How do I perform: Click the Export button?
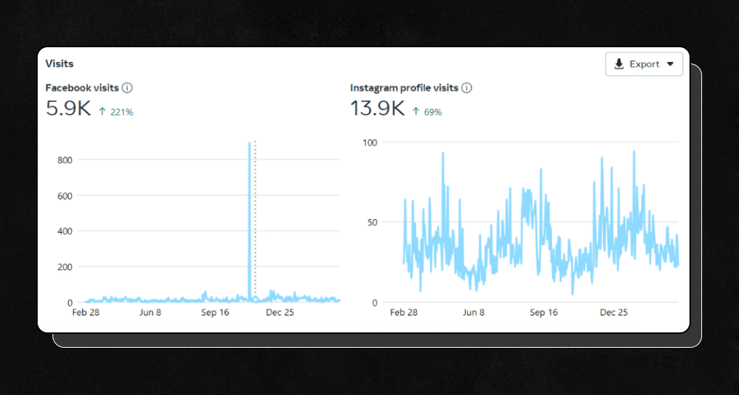click(644, 64)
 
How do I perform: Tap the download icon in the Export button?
click(619, 64)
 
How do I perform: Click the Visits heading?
click(60, 63)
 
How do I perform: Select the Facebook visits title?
click(82, 88)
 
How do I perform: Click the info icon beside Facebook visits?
click(127, 88)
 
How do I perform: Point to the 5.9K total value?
click(68, 109)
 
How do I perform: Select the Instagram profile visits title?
click(404, 88)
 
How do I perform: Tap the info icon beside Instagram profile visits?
click(467, 88)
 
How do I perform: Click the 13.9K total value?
click(377, 109)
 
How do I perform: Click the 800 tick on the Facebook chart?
click(64, 160)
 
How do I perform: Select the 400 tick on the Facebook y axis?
click(64, 231)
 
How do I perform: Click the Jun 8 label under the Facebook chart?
click(150, 312)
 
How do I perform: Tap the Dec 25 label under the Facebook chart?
click(280, 312)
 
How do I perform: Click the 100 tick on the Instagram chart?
click(369, 142)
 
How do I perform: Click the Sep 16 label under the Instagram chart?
click(543, 312)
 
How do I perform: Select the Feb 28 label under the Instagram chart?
click(403, 312)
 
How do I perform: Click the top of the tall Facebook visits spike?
click(249, 143)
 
